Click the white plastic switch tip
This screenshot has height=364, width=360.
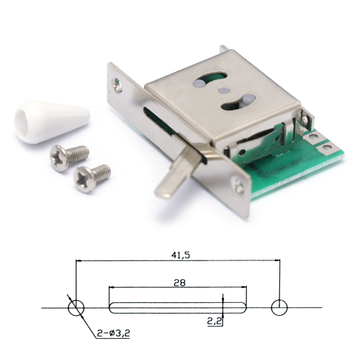click(52, 122)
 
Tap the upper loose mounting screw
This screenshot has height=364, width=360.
click(69, 158)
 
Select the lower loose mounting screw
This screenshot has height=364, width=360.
click(91, 178)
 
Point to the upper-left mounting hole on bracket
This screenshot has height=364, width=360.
click(118, 84)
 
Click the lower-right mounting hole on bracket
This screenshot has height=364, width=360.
click(238, 186)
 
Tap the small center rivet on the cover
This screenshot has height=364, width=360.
click(224, 90)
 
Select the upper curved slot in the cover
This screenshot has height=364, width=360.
click(210, 80)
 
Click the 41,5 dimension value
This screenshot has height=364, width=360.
click(180, 255)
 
